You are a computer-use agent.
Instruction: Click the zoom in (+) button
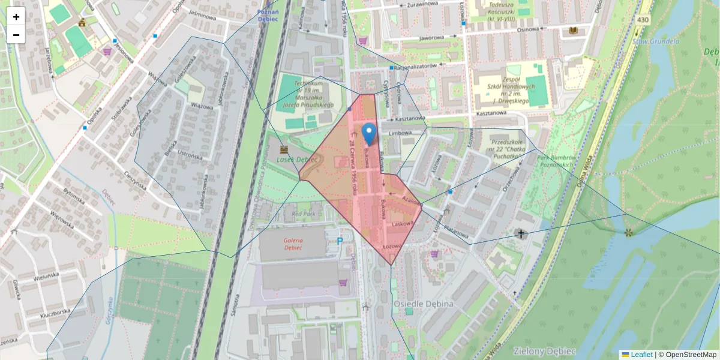tap(16, 17)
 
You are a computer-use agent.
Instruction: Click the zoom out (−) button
tap(16, 35)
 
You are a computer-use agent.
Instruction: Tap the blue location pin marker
tap(370, 134)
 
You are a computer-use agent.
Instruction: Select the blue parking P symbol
tap(340, 241)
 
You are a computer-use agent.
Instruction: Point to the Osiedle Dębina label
tap(423, 304)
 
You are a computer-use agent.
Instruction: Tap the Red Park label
tap(303, 214)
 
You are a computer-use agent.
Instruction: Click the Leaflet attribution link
tap(641, 355)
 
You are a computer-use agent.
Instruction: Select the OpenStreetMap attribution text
tap(688, 355)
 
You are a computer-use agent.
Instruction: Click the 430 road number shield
tap(643, 20)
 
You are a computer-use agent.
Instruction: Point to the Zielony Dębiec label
tap(544, 350)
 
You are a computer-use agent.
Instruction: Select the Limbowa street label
tap(401, 133)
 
